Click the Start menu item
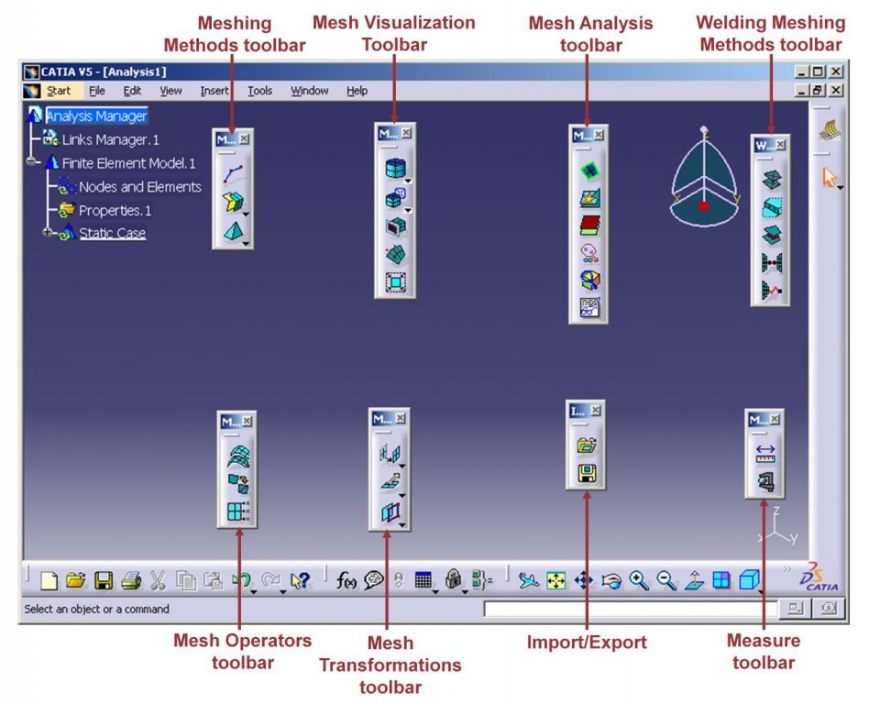58,91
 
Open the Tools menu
259,91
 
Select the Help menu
357,91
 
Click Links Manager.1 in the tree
110,139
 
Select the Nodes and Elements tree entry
139,187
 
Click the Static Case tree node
113,234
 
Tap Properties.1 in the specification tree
115,211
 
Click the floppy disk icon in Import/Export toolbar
587,473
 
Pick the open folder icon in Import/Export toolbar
587,445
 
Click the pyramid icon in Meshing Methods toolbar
234,232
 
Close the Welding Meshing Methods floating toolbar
780,145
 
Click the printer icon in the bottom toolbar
131,580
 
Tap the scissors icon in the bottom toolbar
158,580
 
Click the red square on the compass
703,205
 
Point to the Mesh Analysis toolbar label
590,34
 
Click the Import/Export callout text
587,642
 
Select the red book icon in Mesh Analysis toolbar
589,225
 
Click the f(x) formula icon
346,580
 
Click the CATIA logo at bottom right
819,577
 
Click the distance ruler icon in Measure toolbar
765,454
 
